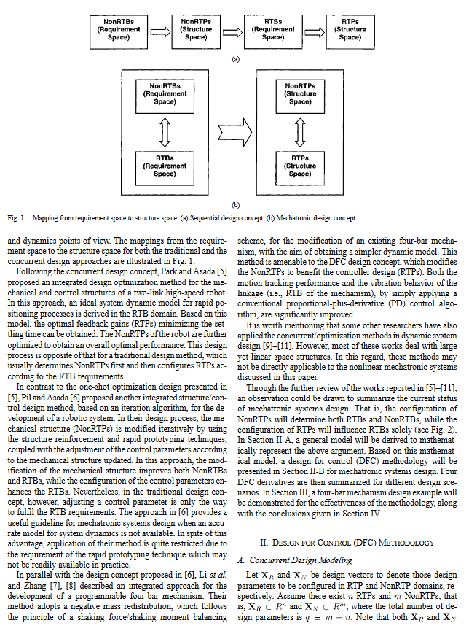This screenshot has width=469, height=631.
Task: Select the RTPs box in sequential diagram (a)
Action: (x=350, y=31)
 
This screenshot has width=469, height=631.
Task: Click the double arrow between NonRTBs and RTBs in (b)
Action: (x=165, y=132)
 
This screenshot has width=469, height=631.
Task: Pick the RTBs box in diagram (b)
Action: (x=165, y=168)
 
